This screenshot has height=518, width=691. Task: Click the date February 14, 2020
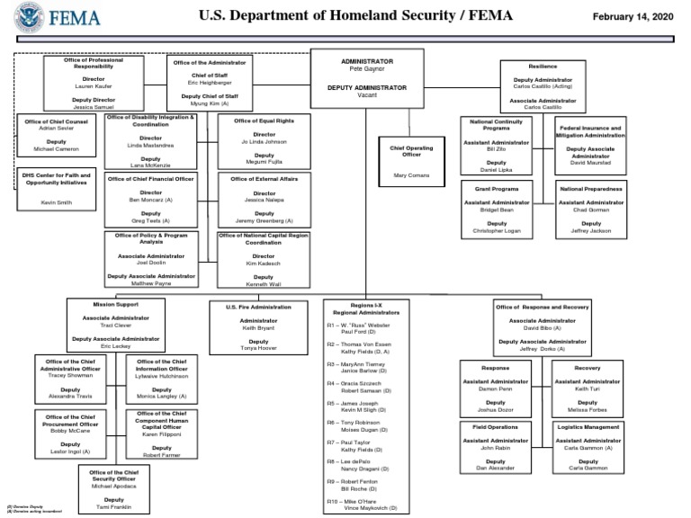click(637, 16)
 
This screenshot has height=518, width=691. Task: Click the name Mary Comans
click(411, 174)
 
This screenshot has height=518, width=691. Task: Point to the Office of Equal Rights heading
click(264, 121)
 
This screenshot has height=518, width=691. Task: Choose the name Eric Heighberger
click(203, 83)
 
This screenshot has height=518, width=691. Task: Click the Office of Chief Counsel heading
click(56, 121)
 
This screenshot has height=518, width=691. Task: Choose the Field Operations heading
click(496, 426)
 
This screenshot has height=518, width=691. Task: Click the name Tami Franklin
click(114, 507)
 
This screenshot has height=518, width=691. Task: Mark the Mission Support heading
click(114, 304)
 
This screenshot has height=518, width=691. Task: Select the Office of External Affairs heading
click(264, 179)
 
